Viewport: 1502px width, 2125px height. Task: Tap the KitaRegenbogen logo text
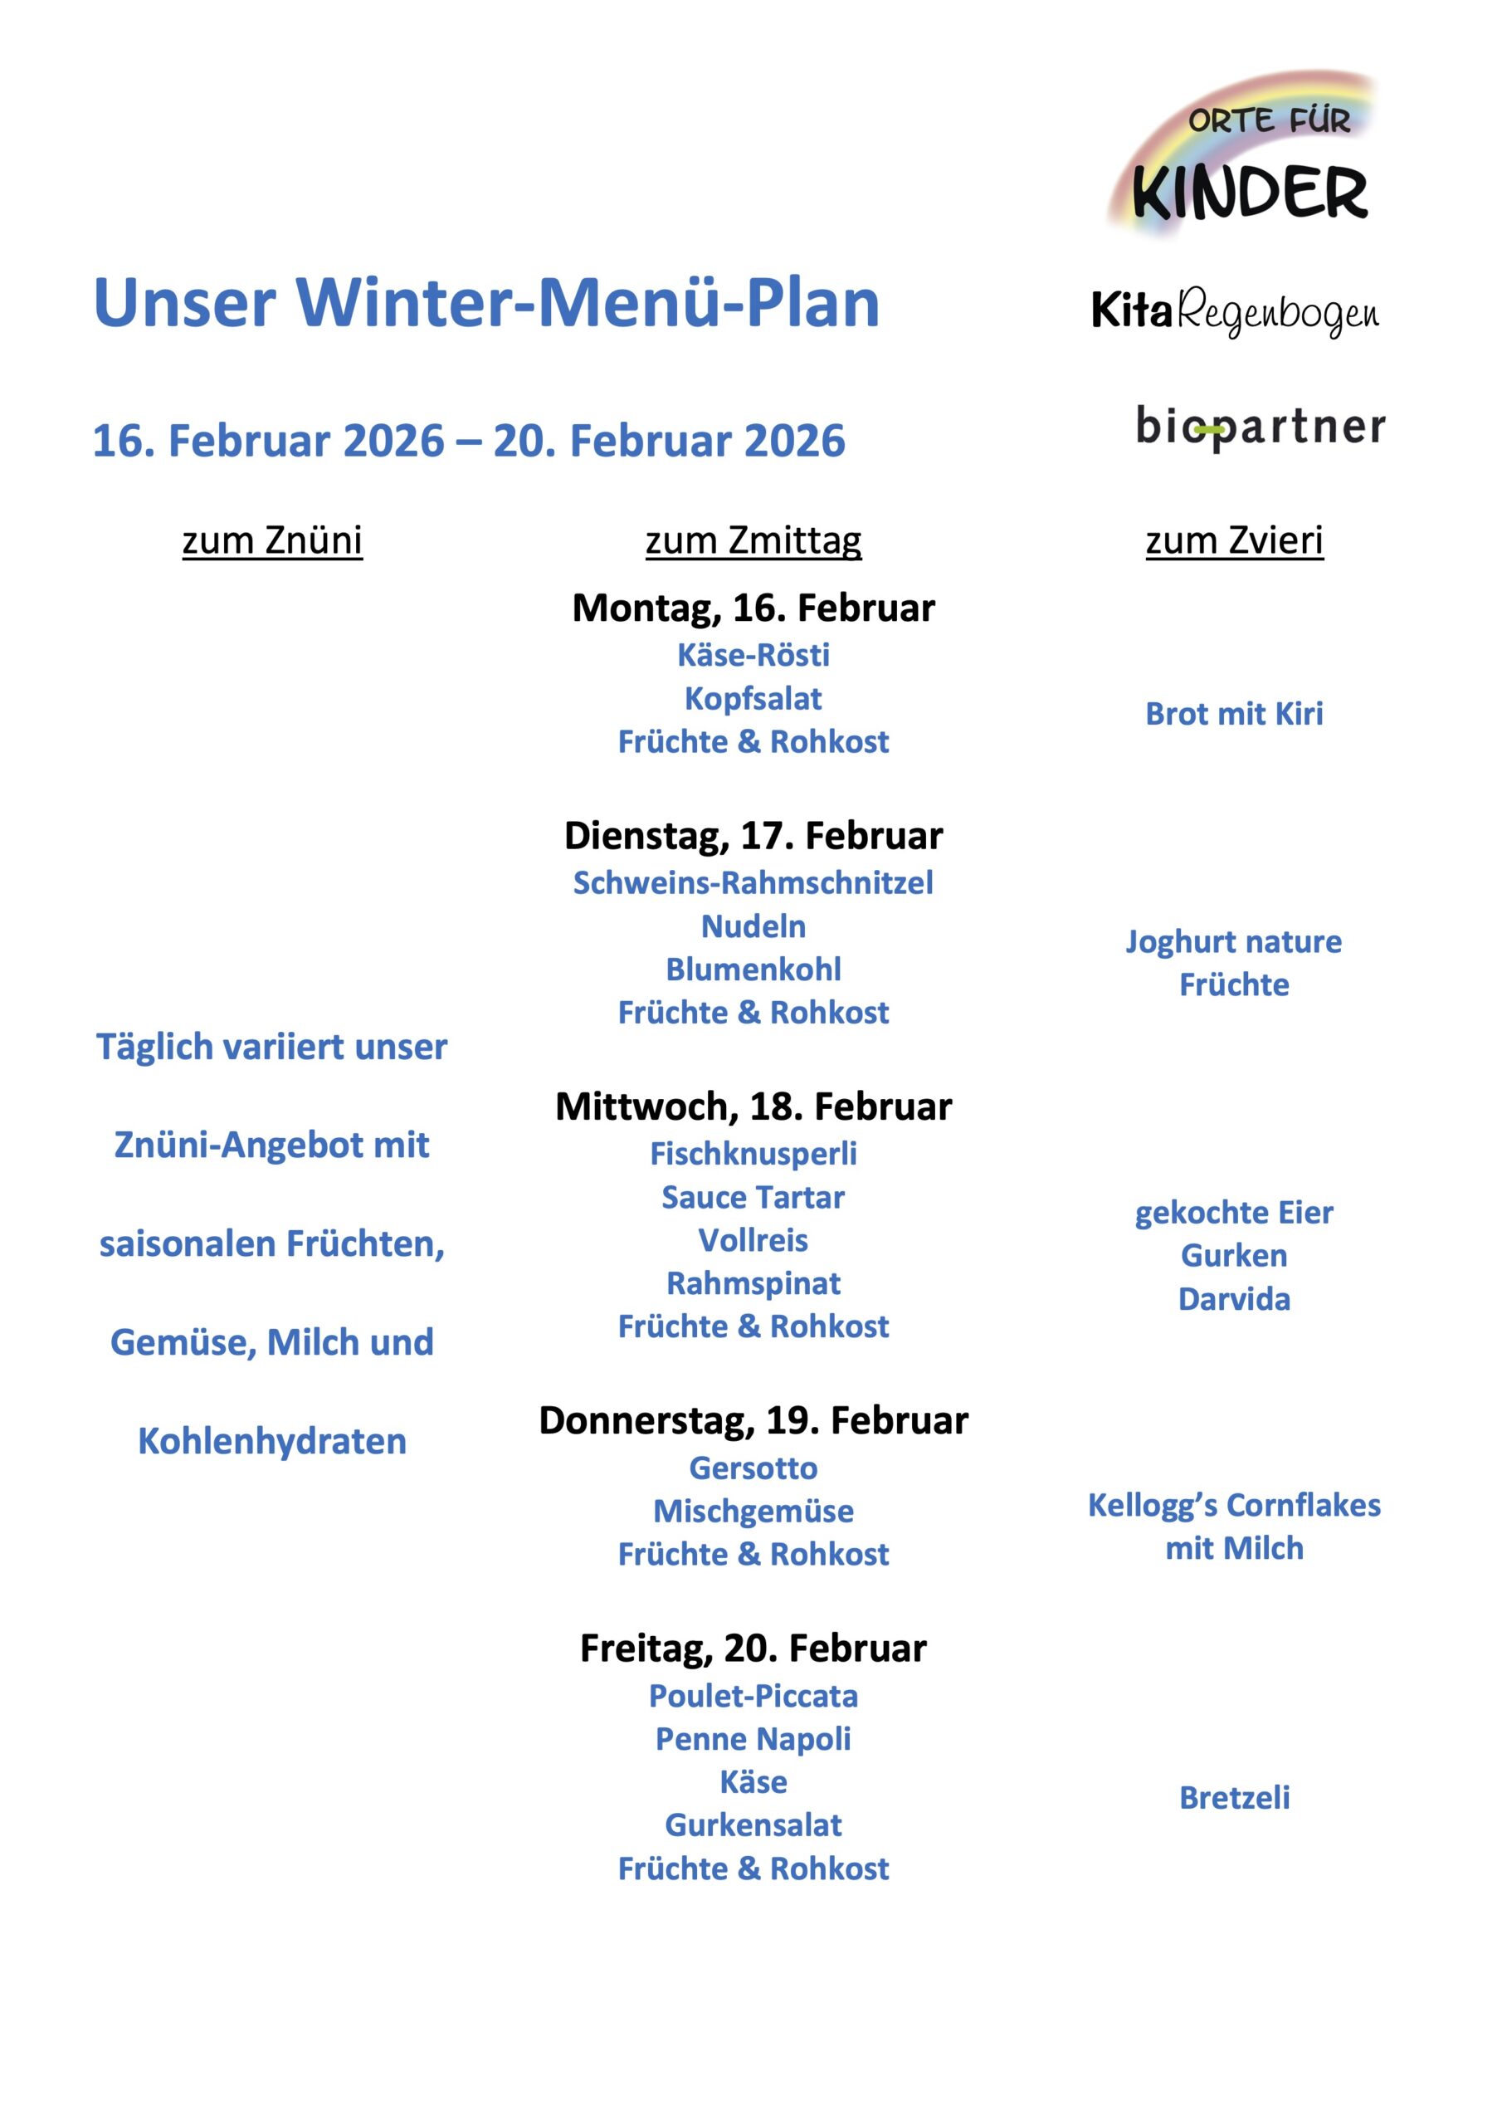pos(1235,313)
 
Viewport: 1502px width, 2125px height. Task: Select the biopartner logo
pos(1260,427)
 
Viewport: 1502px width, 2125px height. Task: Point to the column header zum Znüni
pos(272,540)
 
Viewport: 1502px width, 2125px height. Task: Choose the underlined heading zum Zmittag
pos(753,540)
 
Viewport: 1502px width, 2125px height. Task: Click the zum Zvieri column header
pos(1234,540)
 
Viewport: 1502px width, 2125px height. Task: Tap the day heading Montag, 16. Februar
pos(753,608)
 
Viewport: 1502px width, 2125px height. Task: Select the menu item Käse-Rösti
pos(753,655)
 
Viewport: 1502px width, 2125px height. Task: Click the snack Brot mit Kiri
pos(1234,714)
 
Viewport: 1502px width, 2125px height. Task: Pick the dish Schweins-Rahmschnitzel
pos(753,883)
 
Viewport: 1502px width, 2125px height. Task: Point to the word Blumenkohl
pos(753,969)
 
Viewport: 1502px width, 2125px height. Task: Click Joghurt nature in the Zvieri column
pos(1234,941)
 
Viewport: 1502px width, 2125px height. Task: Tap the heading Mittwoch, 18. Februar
pos(753,1107)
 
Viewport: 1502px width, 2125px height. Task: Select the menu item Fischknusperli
pos(753,1154)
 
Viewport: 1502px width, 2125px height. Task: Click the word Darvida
pos(1234,1299)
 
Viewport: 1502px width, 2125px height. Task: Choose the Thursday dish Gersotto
pos(753,1468)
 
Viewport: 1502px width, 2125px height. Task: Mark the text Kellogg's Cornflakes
pos(1234,1505)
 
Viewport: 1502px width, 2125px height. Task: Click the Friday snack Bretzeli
pos(1234,1797)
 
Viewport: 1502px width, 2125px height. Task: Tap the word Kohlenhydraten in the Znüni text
pos(272,1441)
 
